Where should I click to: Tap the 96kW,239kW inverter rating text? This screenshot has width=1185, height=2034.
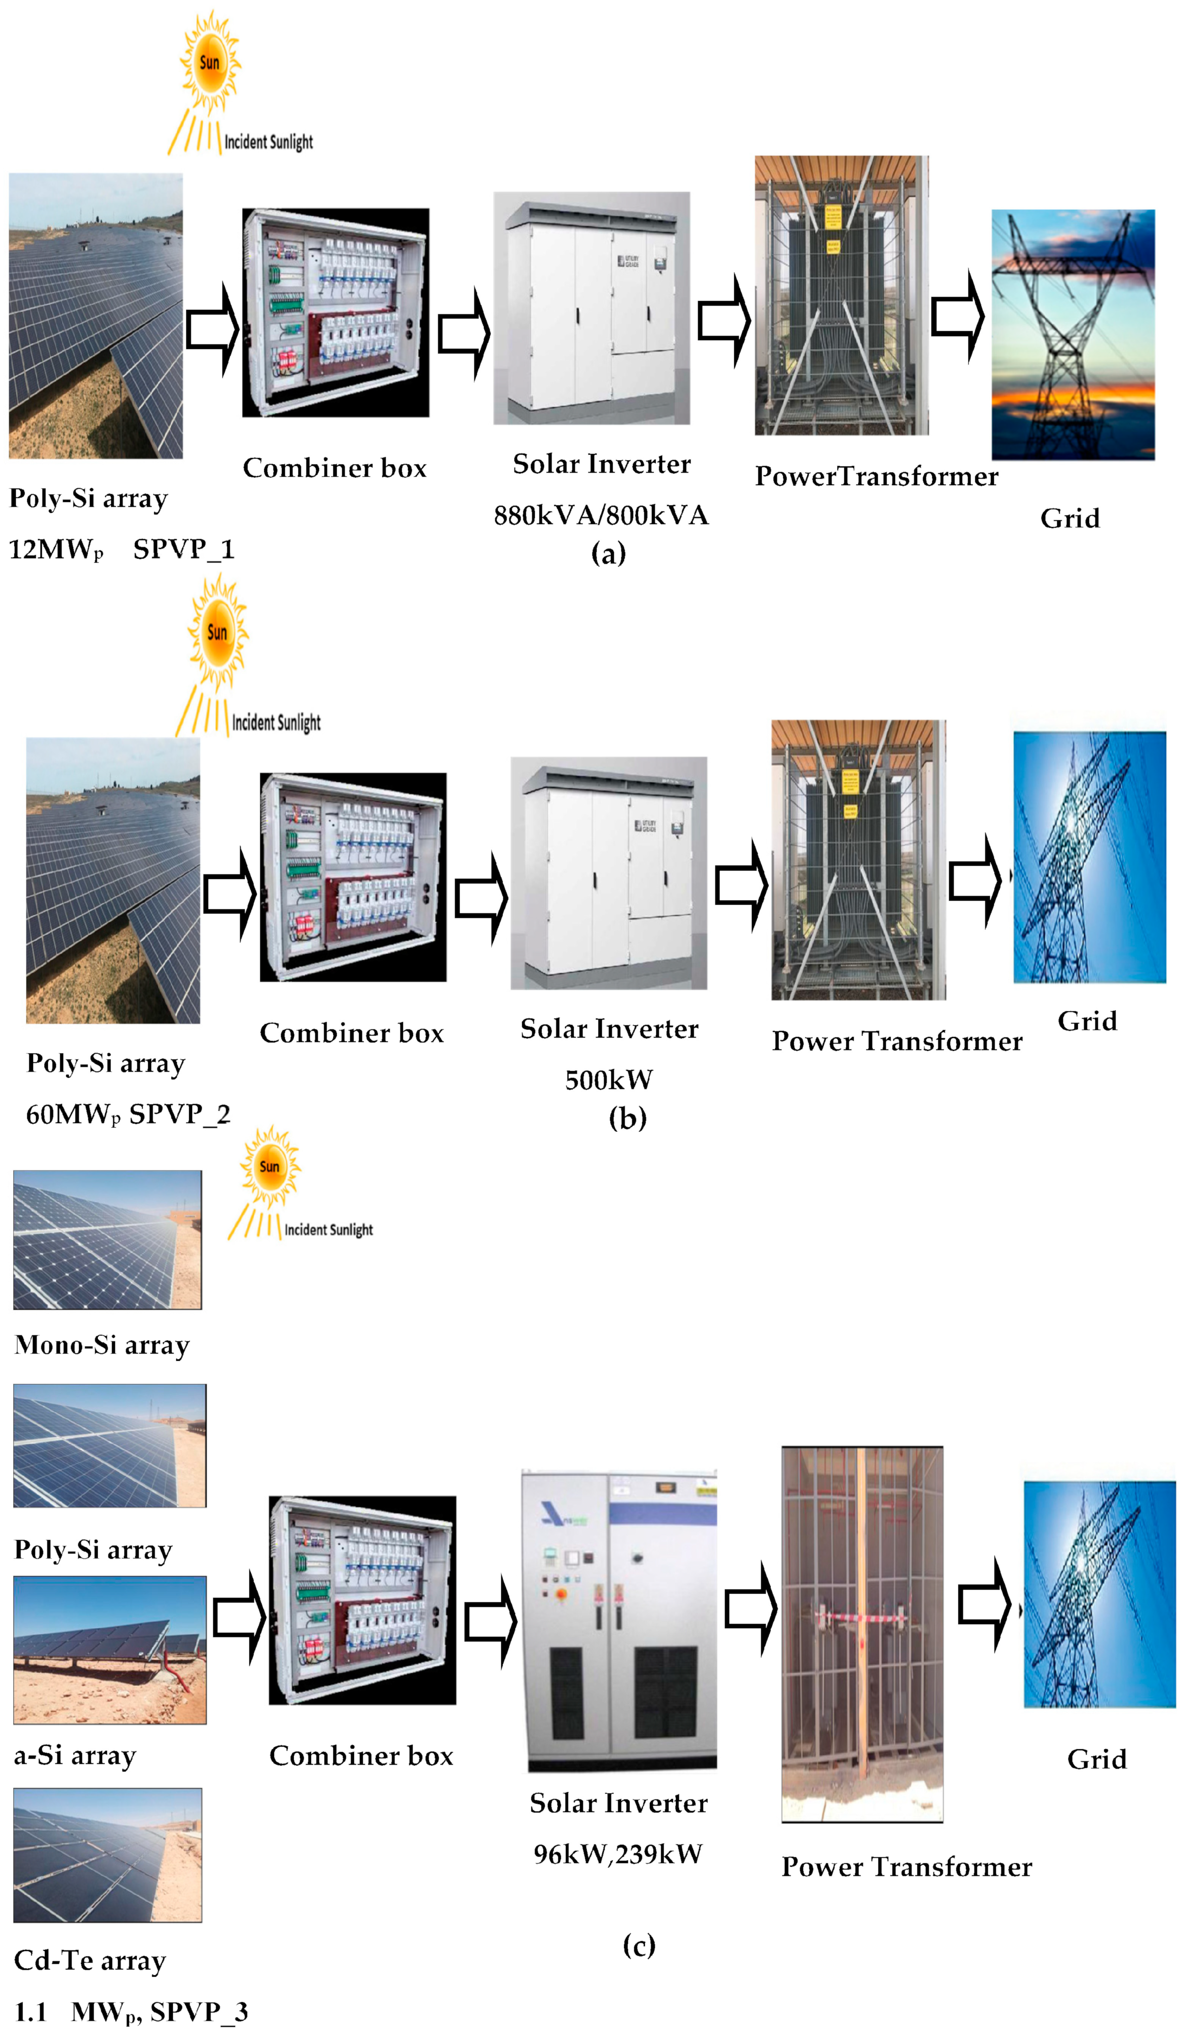(x=618, y=1854)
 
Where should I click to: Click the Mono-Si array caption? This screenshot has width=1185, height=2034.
(x=102, y=1344)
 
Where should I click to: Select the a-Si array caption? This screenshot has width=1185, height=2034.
(x=75, y=1755)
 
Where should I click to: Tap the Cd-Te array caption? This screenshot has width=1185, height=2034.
(x=89, y=1960)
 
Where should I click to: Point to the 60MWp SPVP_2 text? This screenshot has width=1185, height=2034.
(x=127, y=1114)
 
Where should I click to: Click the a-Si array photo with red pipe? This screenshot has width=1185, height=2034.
(x=110, y=1649)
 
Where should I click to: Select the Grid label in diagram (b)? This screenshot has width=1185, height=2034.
(x=1087, y=1021)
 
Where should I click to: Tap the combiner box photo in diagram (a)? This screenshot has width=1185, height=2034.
(x=336, y=312)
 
